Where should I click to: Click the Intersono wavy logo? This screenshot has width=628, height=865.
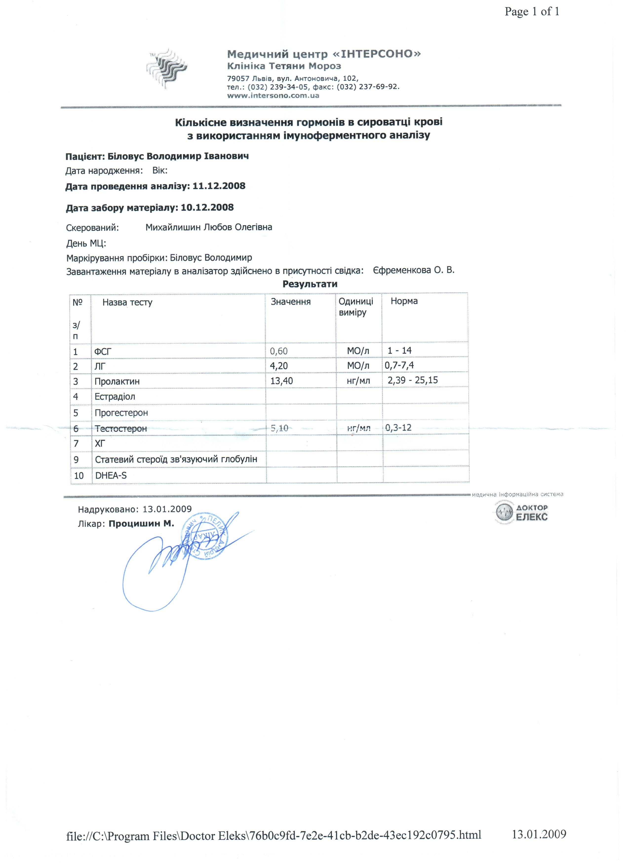[x=167, y=69]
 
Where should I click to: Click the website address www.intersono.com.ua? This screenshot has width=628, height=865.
[x=273, y=95]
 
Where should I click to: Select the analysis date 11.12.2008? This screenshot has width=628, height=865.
[x=219, y=186]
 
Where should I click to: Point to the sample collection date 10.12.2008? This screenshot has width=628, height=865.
[x=207, y=207]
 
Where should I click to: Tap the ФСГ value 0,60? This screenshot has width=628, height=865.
[x=279, y=351]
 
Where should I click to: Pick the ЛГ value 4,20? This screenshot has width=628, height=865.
[x=279, y=366]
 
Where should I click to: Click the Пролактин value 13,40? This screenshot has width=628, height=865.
[x=281, y=381]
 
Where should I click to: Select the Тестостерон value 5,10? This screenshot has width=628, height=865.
[x=279, y=428]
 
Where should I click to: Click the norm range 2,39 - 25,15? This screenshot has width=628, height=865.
[x=412, y=380]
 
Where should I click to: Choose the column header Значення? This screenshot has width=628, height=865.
[x=291, y=302]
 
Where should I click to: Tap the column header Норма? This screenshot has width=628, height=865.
[x=404, y=301]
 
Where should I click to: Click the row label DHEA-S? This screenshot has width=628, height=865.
[x=111, y=475]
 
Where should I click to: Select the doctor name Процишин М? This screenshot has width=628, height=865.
[x=141, y=524]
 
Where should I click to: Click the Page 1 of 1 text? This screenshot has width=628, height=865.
[x=532, y=12]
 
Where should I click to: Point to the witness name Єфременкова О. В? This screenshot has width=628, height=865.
[x=414, y=270]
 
